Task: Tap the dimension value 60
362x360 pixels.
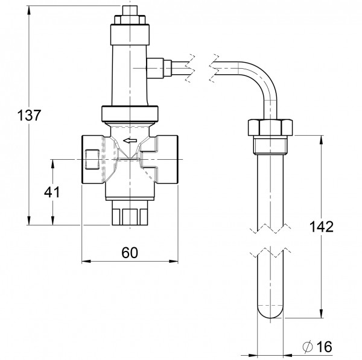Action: tap(129, 253)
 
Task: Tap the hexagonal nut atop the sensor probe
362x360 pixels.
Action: tap(270, 128)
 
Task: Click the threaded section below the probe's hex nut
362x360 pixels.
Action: tap(270, 147)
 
